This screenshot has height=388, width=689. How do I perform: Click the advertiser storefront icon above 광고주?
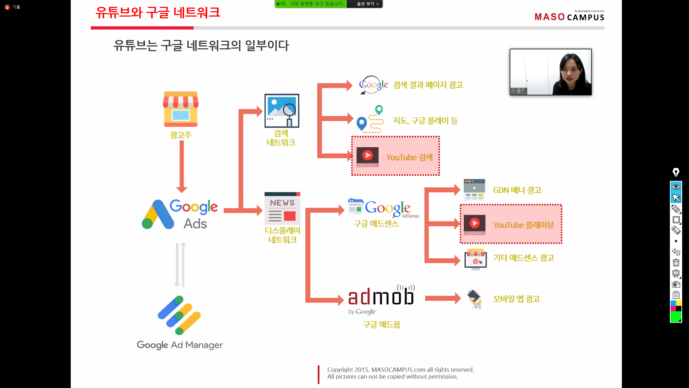180,109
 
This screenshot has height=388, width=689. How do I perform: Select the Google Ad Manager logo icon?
179,315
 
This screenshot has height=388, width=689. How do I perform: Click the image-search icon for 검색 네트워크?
282,111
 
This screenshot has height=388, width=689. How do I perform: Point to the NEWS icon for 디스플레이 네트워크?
282,209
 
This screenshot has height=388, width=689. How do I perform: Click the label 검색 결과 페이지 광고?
428,85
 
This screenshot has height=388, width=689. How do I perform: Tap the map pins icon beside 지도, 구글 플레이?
370,119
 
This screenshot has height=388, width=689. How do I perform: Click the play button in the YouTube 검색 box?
367,155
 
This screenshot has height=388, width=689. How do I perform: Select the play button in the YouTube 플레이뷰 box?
474,223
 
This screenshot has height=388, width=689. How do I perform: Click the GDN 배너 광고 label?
517,190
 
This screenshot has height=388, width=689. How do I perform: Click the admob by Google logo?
381,299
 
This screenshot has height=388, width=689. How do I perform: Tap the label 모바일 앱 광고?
516,299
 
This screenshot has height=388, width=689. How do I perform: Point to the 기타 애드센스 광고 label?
523,258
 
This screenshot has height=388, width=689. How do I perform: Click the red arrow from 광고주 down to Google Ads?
182,166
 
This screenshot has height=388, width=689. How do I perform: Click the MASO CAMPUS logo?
569,17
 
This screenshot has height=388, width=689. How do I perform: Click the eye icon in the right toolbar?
676,187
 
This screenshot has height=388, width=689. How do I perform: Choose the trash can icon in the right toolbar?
676,263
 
